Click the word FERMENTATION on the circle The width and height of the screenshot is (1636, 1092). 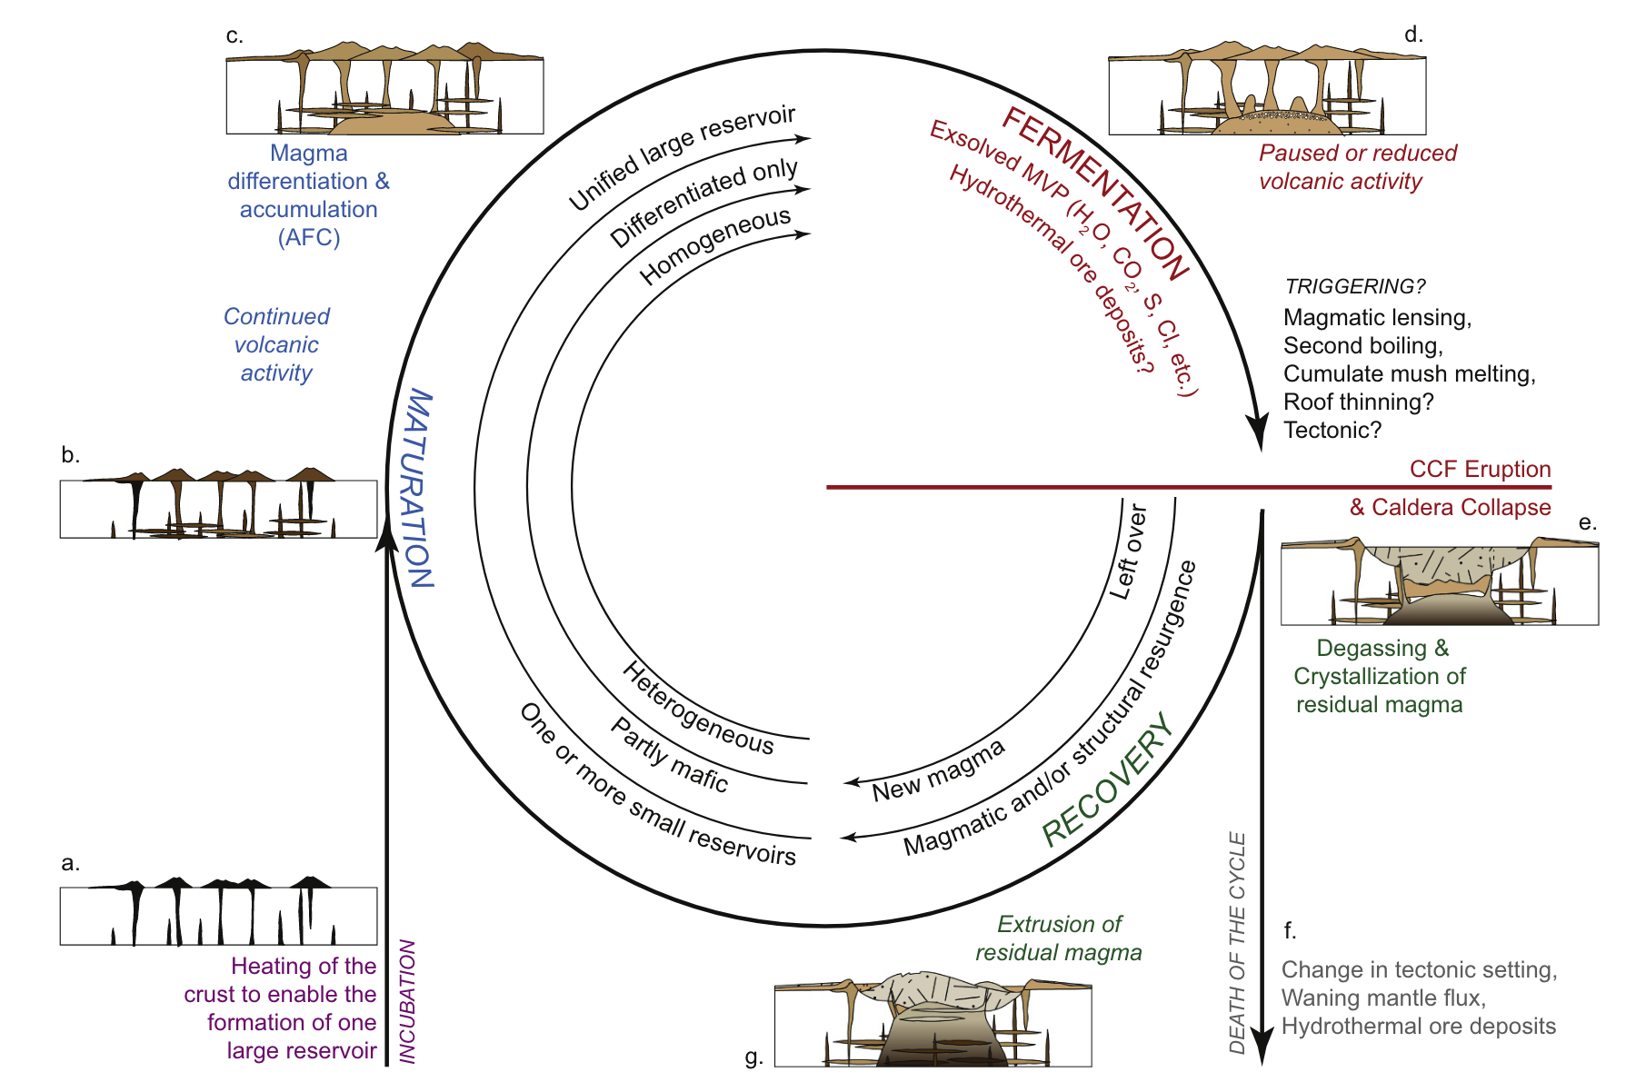pos(1095,193)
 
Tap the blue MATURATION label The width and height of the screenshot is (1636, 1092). pos(417,489)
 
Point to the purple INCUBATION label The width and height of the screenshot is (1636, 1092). pos(408,1000)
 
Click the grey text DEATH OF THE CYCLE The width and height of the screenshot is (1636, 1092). pos(1237,942)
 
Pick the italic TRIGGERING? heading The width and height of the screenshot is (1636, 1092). pos(1354,287)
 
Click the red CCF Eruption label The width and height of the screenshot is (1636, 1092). pos(1480,470)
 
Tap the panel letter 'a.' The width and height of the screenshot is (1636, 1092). pos(70,863)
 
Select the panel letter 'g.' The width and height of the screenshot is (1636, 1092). pos(753,1057)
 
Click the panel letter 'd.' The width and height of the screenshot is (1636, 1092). pos(1413,35)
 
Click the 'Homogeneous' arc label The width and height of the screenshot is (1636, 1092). pos(715,244)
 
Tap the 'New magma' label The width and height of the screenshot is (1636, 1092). pos(938,770)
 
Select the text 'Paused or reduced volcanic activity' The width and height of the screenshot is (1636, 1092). pos(1357,167)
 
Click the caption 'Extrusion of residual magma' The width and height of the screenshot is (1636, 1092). pos(1059,938)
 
